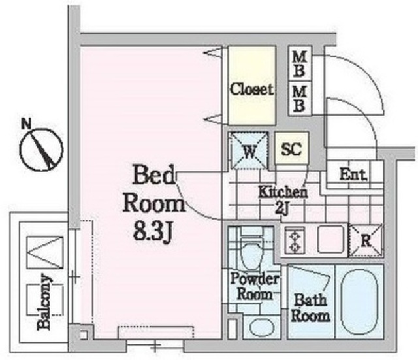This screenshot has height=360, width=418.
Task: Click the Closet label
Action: click(251, 90)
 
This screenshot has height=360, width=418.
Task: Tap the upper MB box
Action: click(300, 64)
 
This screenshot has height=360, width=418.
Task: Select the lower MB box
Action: click(300, 99)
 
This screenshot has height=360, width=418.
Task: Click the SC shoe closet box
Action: click(292, 148)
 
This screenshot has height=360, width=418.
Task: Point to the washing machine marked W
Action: click(249, 151)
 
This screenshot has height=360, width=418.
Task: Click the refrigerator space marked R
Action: click(366, 240)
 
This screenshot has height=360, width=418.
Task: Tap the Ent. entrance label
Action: click(353, 174)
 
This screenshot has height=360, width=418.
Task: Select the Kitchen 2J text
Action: click(283, 201)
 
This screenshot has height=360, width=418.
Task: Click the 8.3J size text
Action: click(153, 232)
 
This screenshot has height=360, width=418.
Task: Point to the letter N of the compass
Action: click(26, 124)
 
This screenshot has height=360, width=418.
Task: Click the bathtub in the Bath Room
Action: click(359, 301)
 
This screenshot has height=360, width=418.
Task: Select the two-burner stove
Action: click(295, 240)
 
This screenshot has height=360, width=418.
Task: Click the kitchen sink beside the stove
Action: click(331, 239)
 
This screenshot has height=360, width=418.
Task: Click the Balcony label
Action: click(44, 302)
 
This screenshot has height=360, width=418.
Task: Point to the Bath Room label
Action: click(310, 308)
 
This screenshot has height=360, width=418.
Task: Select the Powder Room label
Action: click(255, 287)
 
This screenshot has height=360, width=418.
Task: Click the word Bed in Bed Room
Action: click(153, 174)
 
